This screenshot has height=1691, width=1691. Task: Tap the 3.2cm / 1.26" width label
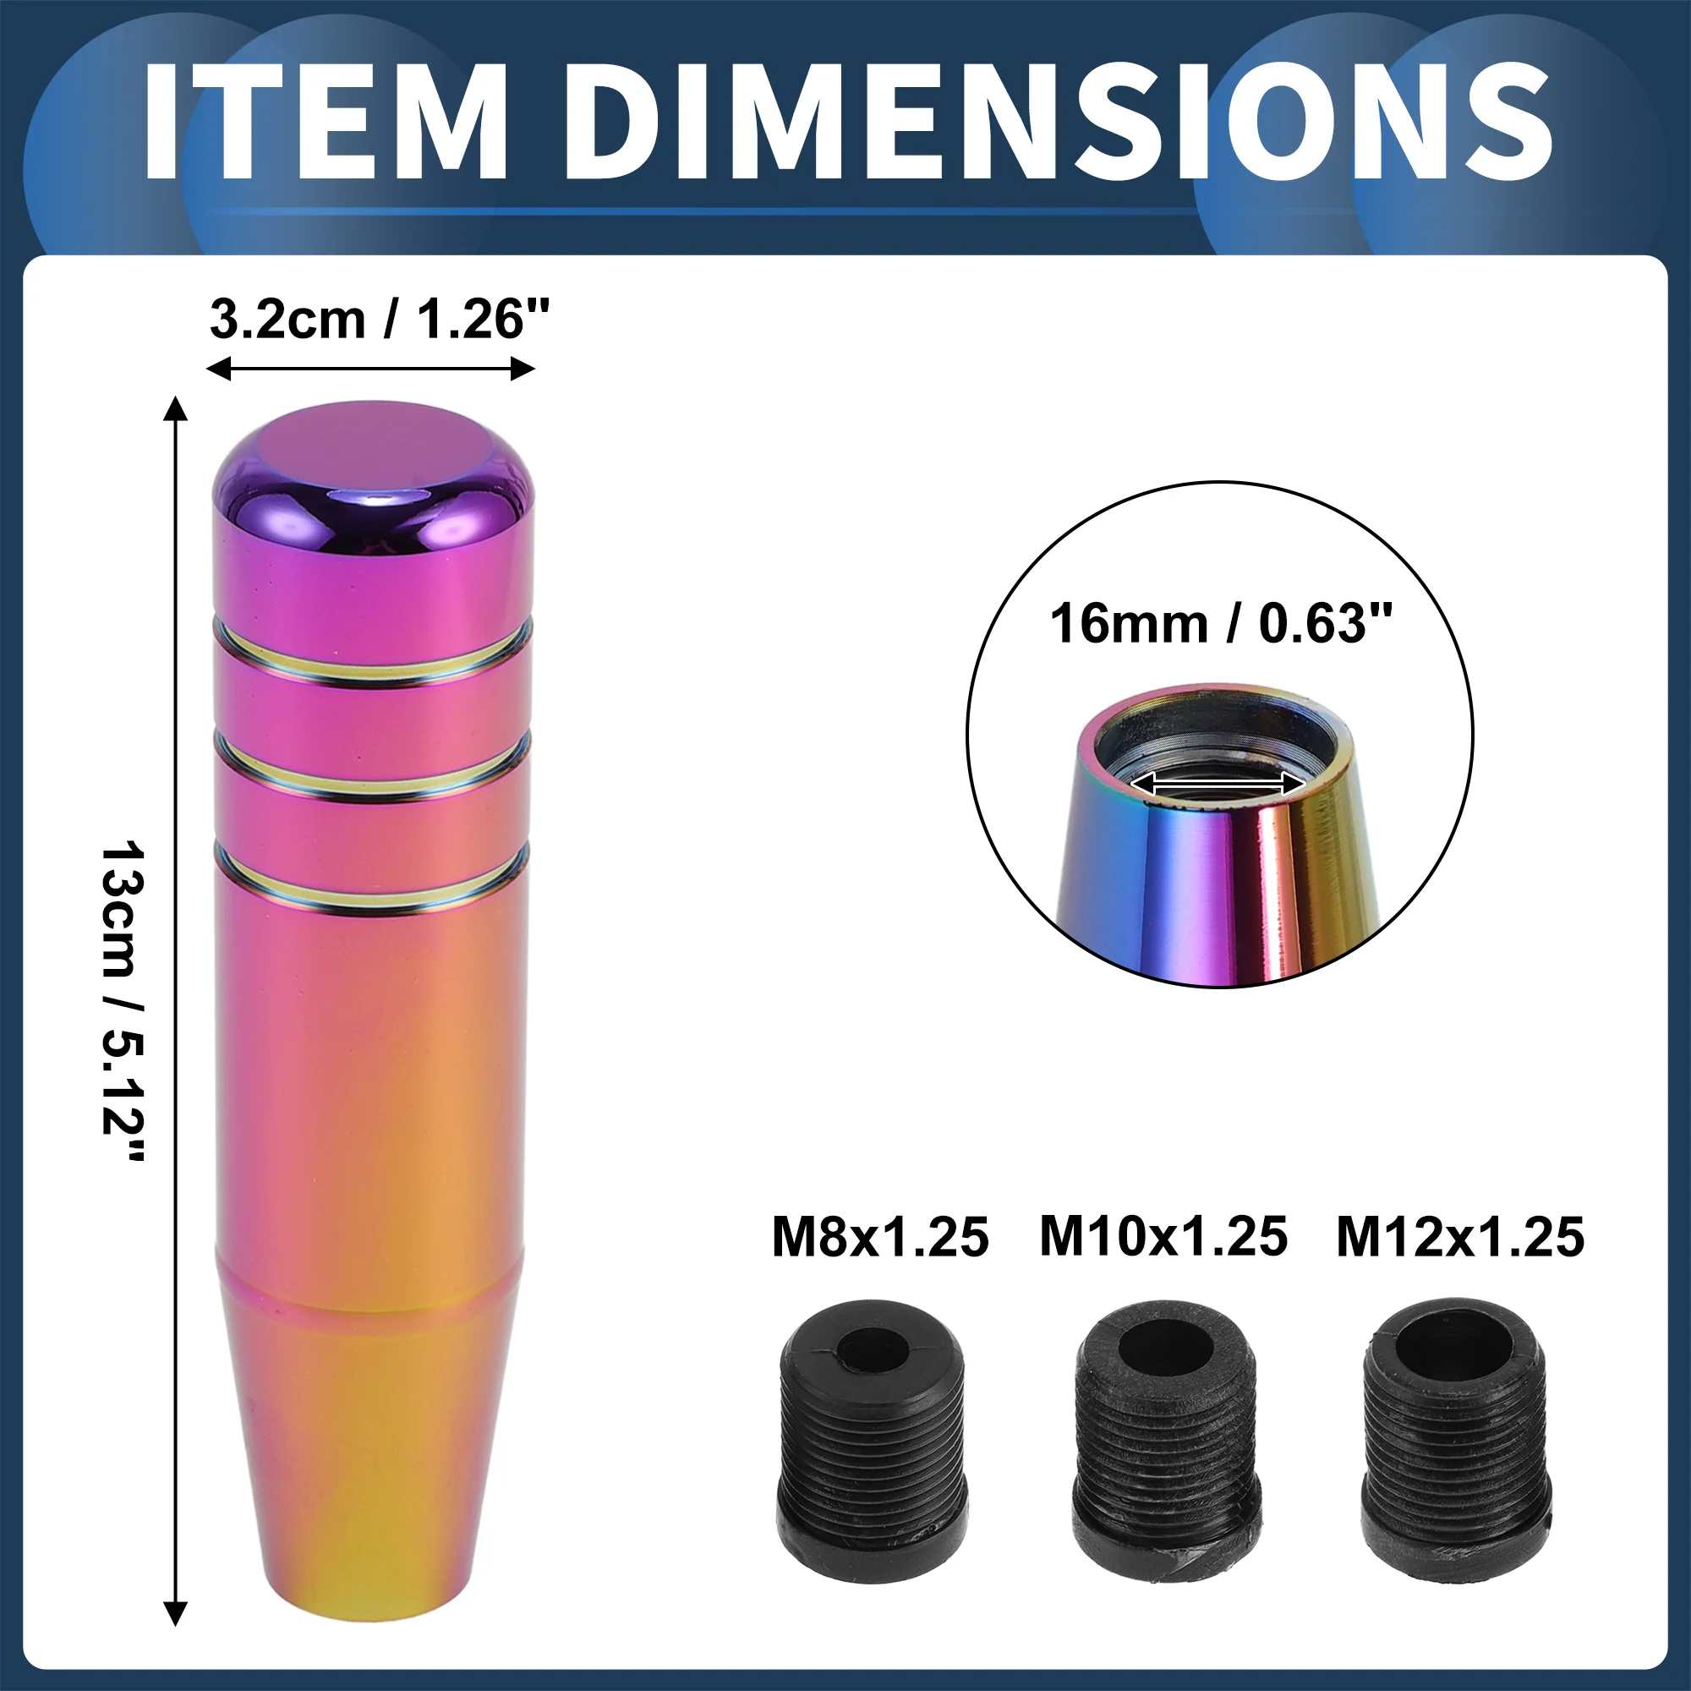pyautogui.click(x=380, y=320)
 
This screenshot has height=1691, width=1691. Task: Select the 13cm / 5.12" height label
pyautogui.click(x=123, y=1001)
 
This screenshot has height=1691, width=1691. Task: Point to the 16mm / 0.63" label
pyautogui.click(x=1220, y=623)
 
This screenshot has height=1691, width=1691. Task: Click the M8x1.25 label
pyautogui.click(x=879, y=1238)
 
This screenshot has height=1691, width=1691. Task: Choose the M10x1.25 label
pyautogui.click(x=1163, y=1237)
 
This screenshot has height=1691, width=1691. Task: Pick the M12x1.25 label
pyautogui.click(x=1460, y=1238)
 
